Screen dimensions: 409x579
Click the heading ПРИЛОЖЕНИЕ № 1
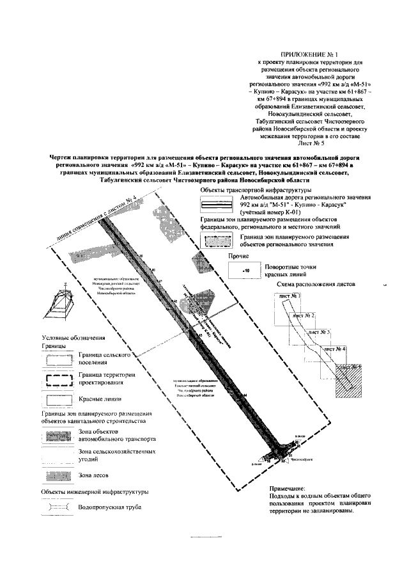(308, 56)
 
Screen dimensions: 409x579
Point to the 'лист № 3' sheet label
(319, 333)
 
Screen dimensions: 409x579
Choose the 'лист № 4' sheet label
(334, 349)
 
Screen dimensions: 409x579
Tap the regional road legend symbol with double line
(216, 206)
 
